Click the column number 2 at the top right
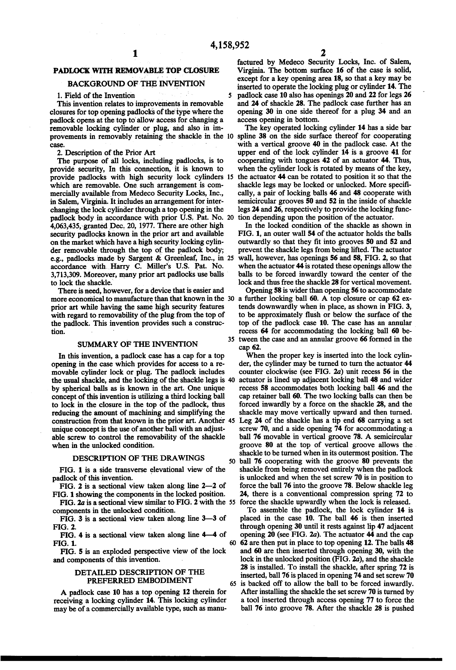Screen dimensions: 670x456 click(x=323, y=53)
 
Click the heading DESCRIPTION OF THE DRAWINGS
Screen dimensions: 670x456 click(x=138, y=458)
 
